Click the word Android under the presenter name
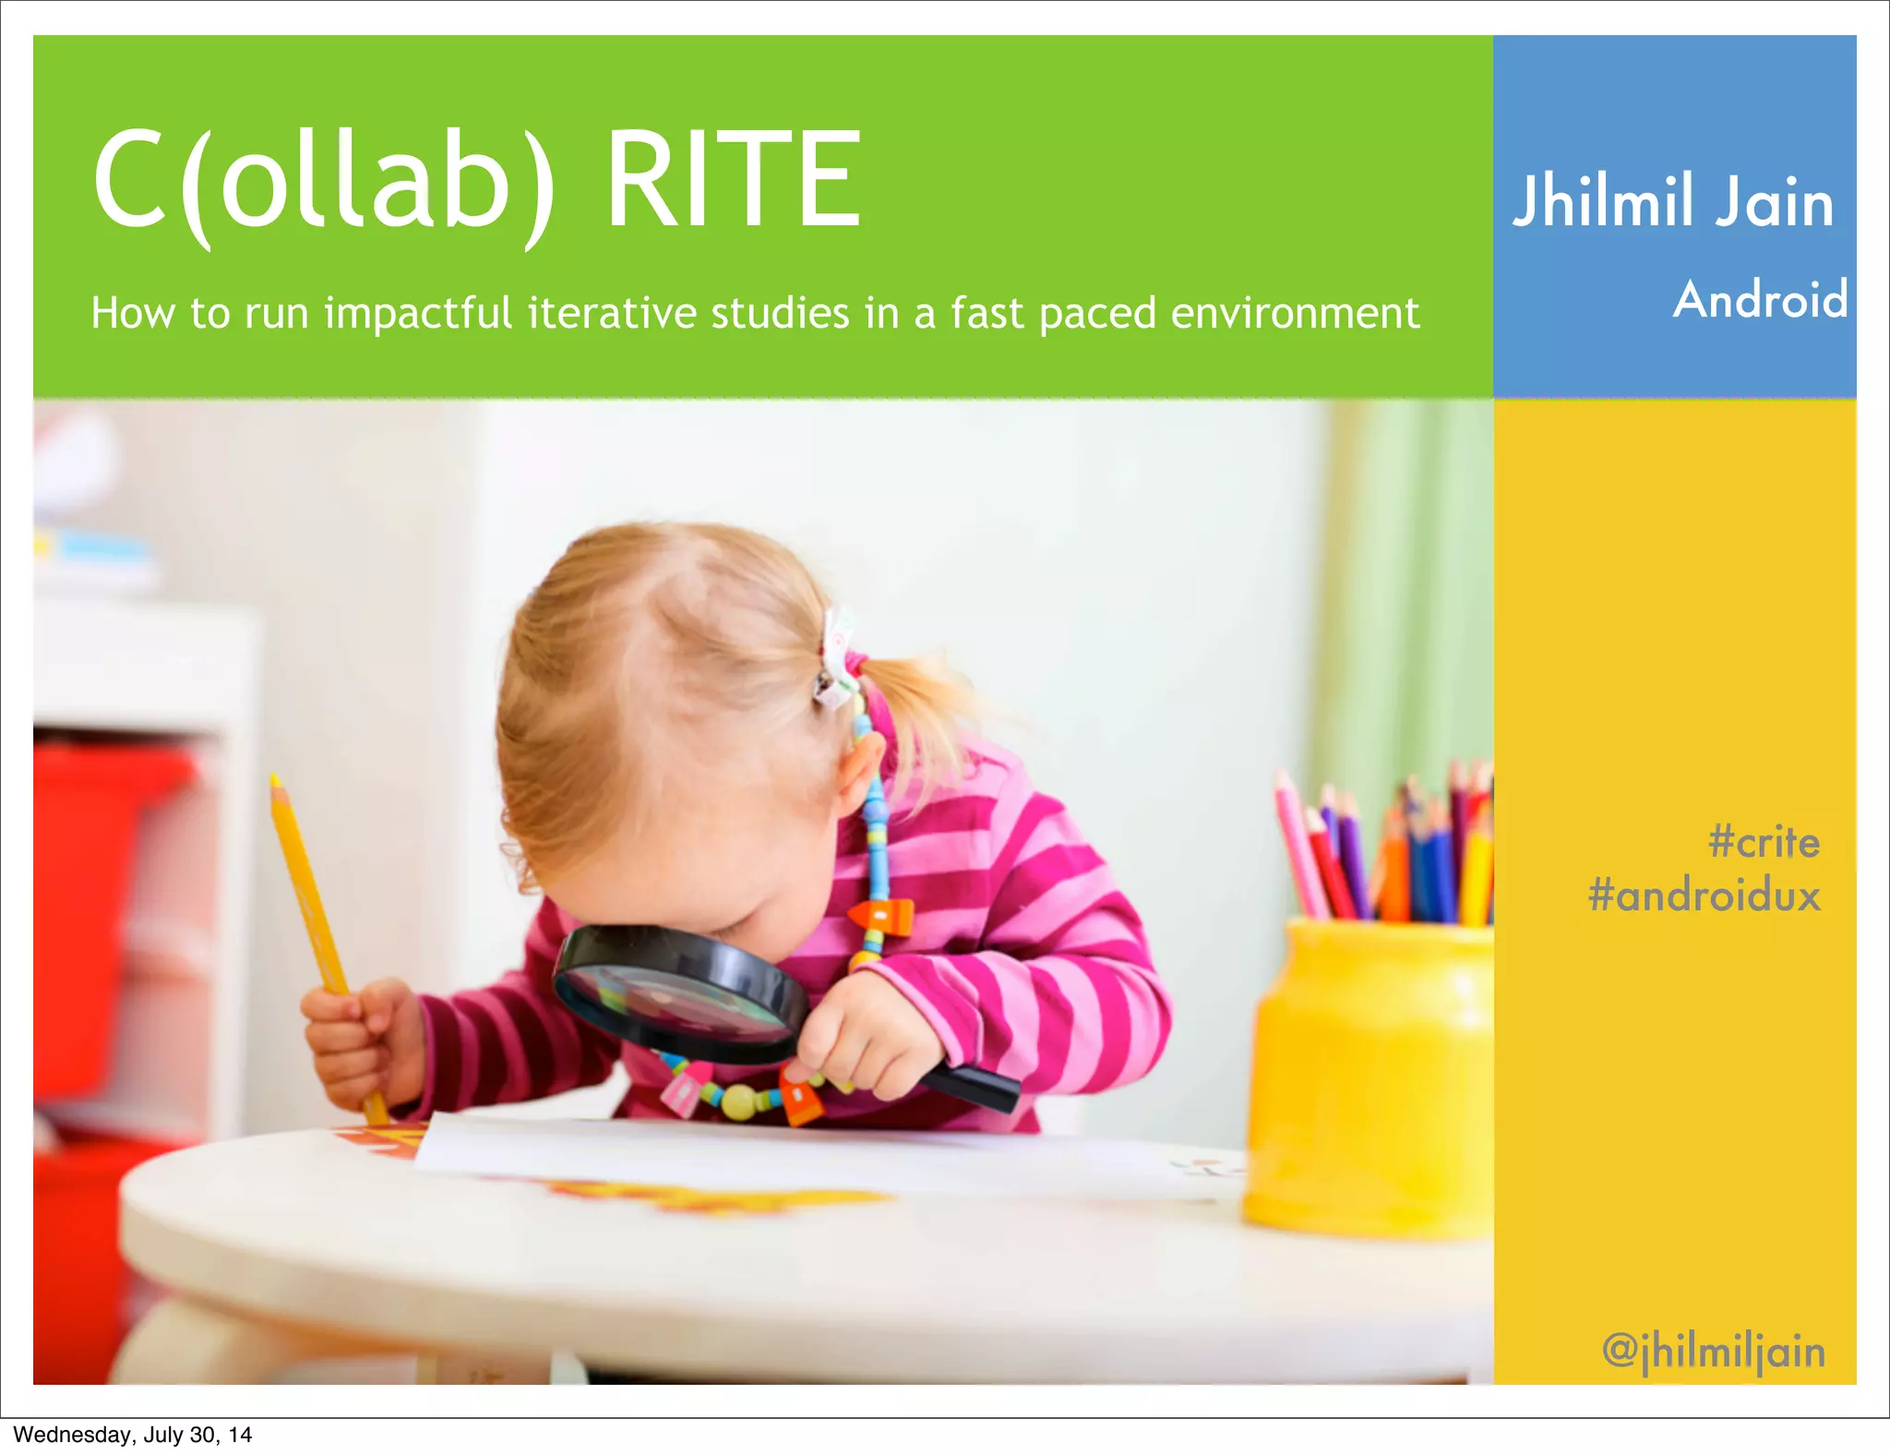click(1760, 299)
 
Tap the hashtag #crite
click(1764, 842)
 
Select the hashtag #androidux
click(1705, 896)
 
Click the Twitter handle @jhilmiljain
click(1714, 1351)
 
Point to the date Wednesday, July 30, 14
click(132, 1434)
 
